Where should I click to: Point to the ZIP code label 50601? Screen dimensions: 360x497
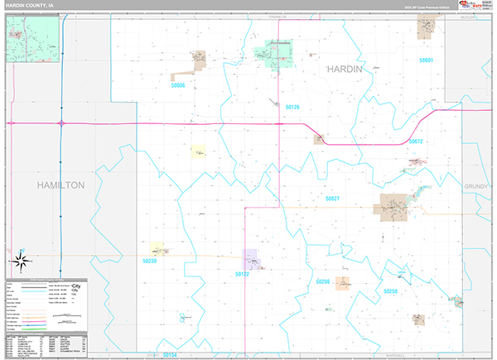427,60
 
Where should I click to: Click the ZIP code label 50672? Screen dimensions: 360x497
416,142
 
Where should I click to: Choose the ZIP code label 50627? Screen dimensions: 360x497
333,199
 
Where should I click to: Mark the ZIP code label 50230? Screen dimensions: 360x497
149,261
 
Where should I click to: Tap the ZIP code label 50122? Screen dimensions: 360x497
242,273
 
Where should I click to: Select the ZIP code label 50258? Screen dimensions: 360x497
390,291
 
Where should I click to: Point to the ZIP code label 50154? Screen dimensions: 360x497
171,354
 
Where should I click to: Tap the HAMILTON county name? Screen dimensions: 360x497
60,185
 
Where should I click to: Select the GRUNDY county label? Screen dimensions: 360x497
478,187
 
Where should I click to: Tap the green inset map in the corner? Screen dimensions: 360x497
33,40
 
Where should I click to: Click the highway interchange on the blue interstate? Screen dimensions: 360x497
61,123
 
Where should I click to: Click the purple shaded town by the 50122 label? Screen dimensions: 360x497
251,259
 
